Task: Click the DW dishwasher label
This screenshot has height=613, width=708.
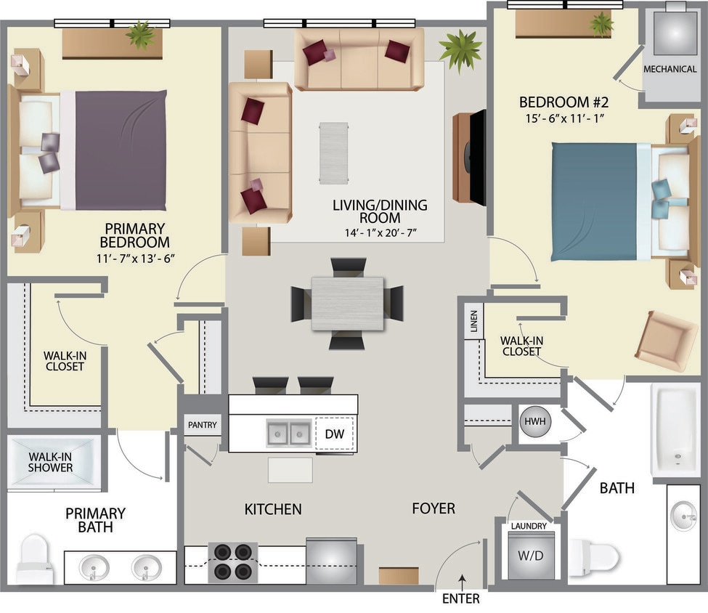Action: [334, 434]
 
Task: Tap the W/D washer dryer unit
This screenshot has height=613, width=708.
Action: [531, 556]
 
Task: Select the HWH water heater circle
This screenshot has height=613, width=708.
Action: [533, 422]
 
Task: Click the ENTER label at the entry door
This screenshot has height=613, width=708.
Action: [461, 598]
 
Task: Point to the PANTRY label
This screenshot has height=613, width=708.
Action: [203, 425]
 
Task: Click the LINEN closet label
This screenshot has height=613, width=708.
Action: [474, 320]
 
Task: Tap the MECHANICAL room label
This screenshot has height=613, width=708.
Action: [670, 69]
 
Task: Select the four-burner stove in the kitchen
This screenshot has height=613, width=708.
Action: [232, 561]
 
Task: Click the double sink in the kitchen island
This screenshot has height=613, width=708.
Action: [290, 434]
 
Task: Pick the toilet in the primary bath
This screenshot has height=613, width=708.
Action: [35, 559]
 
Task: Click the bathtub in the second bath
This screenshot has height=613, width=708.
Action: [675, 429]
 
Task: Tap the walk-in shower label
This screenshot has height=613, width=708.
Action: [51, 462]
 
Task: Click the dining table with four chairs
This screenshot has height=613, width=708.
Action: [347, 304]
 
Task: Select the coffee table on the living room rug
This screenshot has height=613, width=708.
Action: [333, 153]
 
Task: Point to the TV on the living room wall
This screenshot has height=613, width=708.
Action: [477, 158]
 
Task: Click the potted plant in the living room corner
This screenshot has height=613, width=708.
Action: [460, 50]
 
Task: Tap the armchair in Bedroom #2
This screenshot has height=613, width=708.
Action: [665, 341]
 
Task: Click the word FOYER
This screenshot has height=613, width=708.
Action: [434, 508]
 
